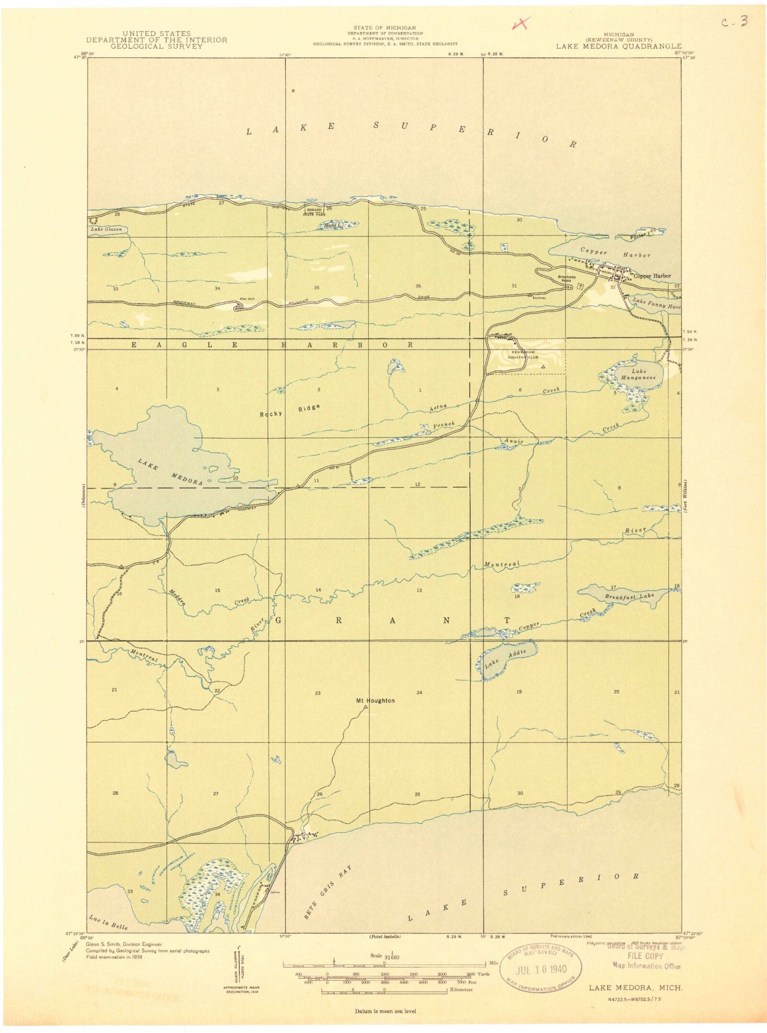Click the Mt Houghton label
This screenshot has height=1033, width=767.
coord(375,701)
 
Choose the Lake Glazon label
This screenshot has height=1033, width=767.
coord(106,229)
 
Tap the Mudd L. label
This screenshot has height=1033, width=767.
coord(333,226)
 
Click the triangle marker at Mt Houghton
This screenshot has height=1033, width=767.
coord(366,707)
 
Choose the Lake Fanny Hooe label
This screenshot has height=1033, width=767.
coord(656,304)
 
